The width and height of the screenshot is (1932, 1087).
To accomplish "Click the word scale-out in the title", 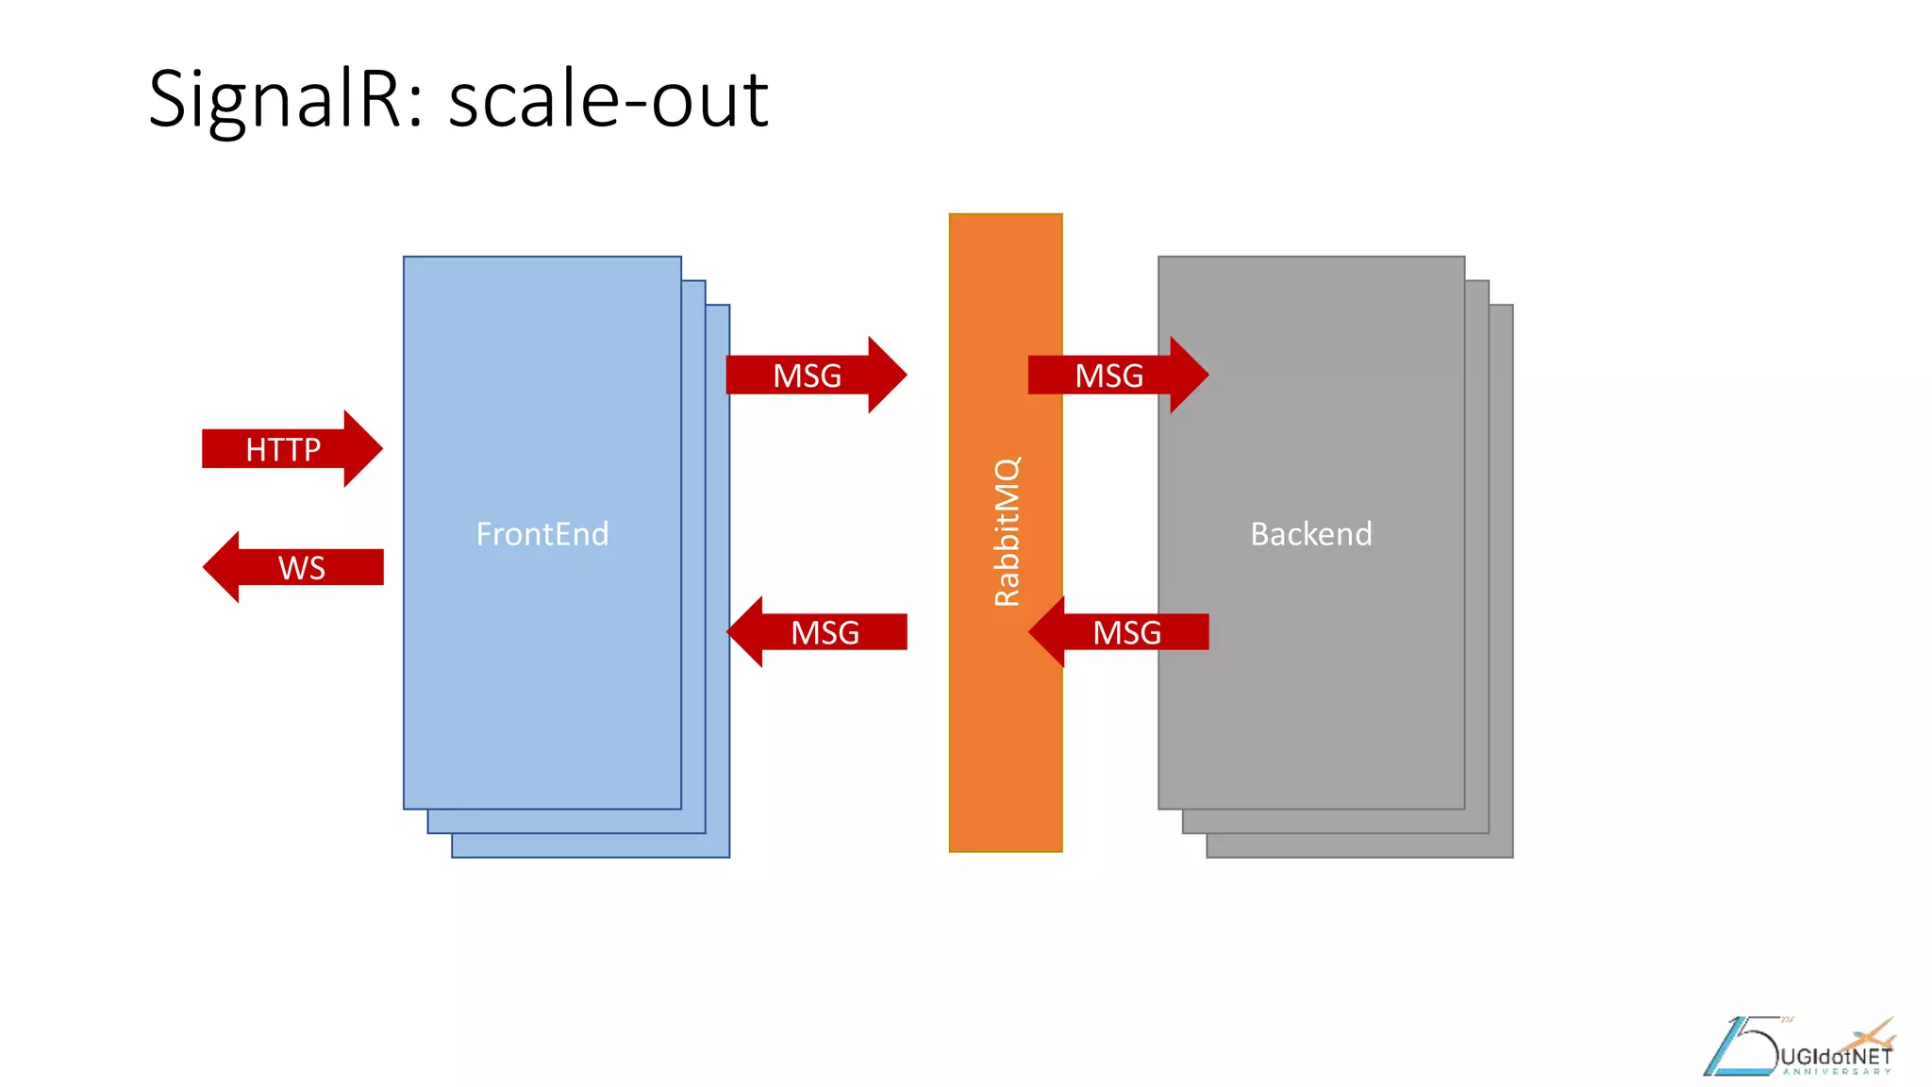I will click(608, 99).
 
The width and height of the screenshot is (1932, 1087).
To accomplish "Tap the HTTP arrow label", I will click(283, 449).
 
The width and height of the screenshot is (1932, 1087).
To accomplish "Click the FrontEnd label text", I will click(542, 534).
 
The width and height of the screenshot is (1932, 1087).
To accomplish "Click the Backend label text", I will click(1311, 534).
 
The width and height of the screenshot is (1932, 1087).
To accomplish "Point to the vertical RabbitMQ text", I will click(1007, 531).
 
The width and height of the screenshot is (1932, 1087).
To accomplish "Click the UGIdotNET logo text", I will click(1836, 1056).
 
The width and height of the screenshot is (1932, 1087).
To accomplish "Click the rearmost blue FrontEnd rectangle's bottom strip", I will click(591, 845).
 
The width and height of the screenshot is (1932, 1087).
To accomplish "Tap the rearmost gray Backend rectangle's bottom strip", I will click(1359, 845).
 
